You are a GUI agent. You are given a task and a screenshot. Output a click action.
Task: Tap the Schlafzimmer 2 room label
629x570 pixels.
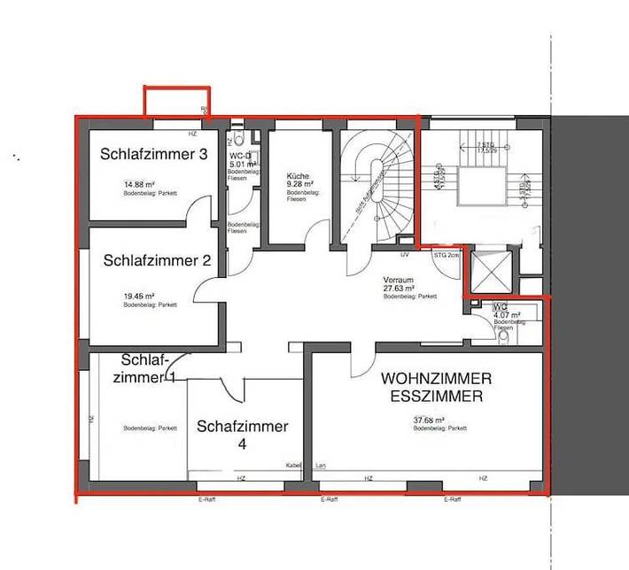[x=157, y=260]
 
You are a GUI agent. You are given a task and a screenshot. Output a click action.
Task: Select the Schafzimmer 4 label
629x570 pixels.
[x=242, y=427]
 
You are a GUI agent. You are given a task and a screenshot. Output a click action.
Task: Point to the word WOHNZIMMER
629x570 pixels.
[x=436, y=378]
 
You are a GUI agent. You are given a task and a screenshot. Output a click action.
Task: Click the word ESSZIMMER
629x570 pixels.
[x=437, y=397]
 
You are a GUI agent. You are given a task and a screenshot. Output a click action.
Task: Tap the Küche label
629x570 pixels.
[x=298, y=177]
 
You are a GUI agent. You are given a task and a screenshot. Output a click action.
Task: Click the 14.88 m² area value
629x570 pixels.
[x=139, y=185]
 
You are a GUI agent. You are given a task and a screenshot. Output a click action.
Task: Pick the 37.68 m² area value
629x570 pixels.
[x=429, y=420]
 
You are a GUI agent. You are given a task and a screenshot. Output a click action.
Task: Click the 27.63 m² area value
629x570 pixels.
[x=400, y=289]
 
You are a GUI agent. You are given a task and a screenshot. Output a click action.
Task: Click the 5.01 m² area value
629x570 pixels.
[x=242, y=165]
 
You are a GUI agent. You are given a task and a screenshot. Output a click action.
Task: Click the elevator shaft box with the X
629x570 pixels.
[x=490, y=272]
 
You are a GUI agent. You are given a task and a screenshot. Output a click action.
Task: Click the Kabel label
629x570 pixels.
[x=293, y=466]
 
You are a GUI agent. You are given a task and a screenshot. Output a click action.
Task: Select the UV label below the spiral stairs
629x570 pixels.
[x=404, y=255]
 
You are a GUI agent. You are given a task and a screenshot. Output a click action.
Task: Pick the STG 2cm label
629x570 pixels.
[x=447, y=255]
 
